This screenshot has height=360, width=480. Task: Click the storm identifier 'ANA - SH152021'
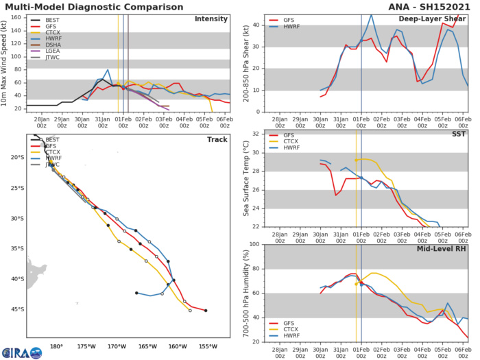click(x=432, y=5)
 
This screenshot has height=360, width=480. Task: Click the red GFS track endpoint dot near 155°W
click(x=206, y=310)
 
